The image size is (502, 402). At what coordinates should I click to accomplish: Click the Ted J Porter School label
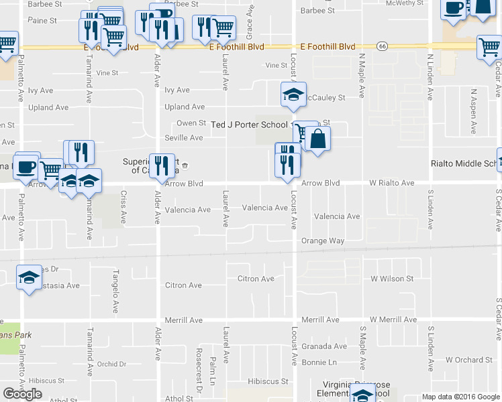coord(250,125)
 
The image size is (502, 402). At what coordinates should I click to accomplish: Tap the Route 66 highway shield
coord(382,46)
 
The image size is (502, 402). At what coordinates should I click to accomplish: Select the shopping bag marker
coord(319,139)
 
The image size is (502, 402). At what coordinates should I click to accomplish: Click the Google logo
coord(22,394)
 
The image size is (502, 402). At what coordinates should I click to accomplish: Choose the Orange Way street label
coord(322,241)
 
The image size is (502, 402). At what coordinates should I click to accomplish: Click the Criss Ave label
coord(123,207)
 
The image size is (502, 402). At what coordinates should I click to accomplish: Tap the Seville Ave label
coord(184,138)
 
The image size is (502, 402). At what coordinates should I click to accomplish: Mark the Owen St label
coord(191,123)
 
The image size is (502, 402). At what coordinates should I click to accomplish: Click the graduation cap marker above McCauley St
coord(293,94)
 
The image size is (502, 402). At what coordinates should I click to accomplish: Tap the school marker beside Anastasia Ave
coord(28,278)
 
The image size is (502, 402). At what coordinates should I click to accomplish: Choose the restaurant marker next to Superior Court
coord(161,165)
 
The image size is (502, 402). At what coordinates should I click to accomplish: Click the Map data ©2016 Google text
coord(460,397)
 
